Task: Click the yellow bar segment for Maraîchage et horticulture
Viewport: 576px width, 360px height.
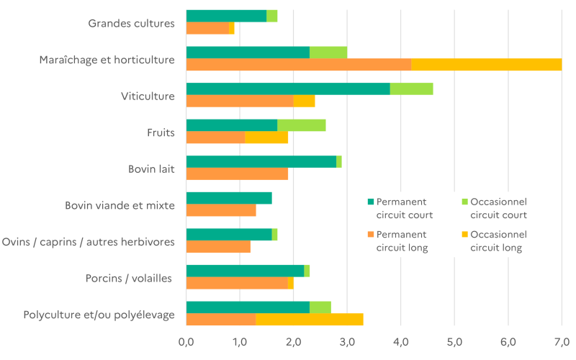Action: click(x=487, y=64)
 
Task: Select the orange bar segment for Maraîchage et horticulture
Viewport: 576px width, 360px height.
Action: click(x=299, y=64)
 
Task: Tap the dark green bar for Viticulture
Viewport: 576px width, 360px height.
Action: click(x=288, y=89)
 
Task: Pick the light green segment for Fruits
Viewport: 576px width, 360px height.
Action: click(x=302, y=125)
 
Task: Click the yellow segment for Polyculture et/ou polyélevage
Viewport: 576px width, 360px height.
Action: click(x=310, y=319)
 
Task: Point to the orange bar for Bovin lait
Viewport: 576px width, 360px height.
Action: click(x=238, y=174)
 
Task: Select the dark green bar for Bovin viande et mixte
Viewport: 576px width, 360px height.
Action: click(x=229, y=198)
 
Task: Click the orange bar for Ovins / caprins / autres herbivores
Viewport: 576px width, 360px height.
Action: click(x=219, y=247)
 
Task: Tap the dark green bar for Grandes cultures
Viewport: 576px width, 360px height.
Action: click(x=226, y=16)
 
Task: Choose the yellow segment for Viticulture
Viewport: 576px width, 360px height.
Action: click(x=305, y=101)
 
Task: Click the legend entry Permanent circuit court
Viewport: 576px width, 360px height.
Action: click(x=400, y=208)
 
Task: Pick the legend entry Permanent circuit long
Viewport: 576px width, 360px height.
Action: click(x=400, y=241)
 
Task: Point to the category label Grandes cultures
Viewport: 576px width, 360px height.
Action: click(x=132, y=23)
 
